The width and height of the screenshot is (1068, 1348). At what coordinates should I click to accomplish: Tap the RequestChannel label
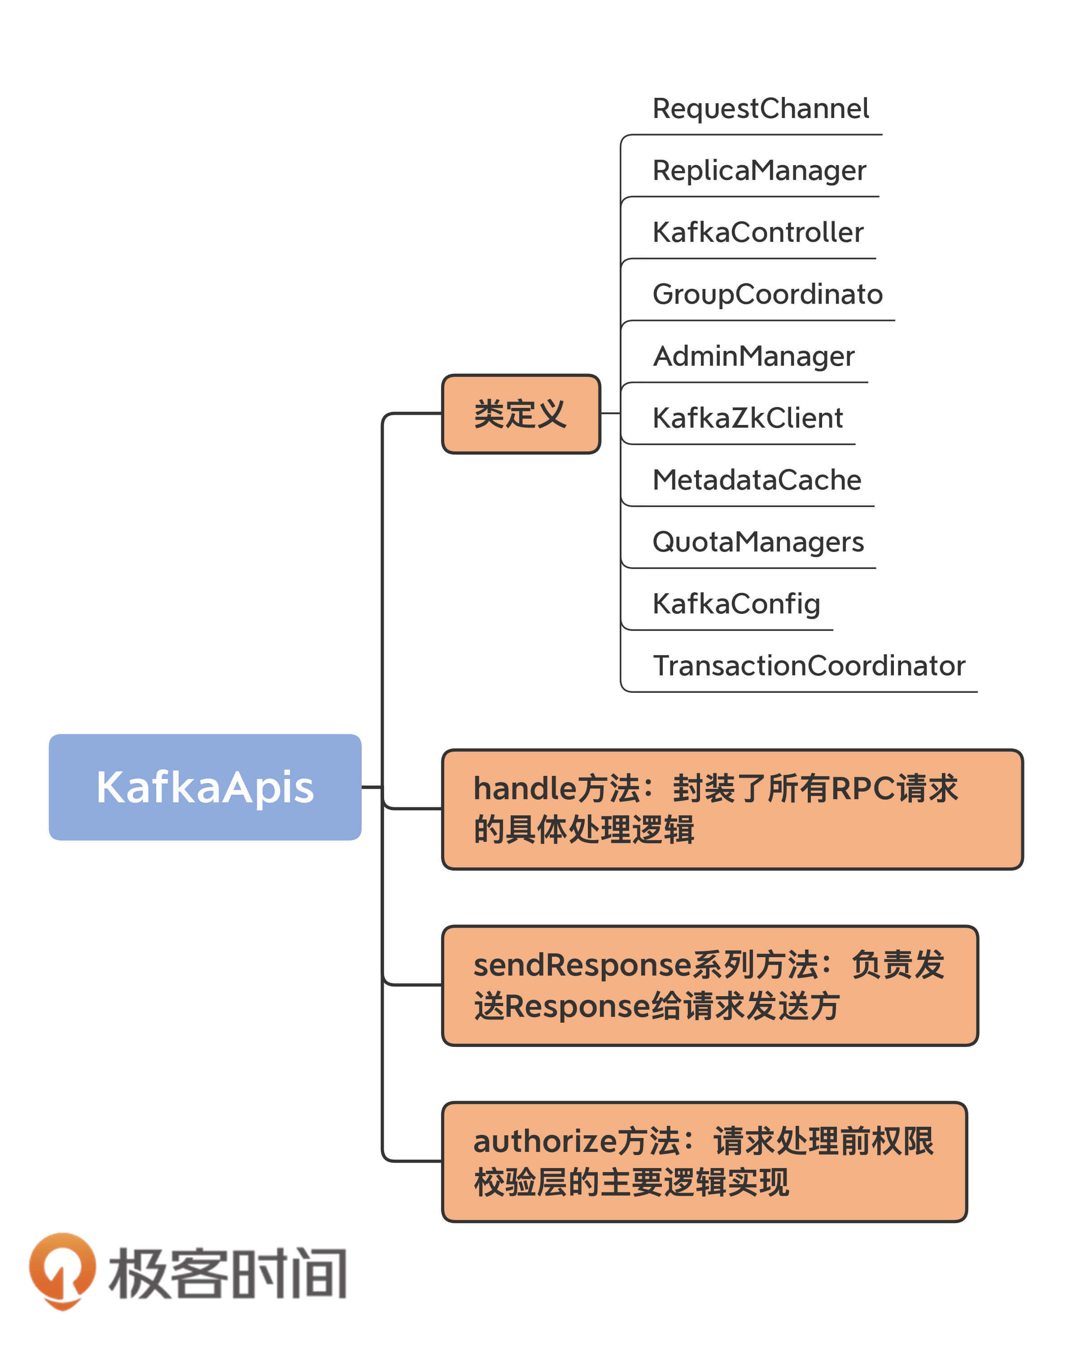pyautogui.click(x=760, y=109)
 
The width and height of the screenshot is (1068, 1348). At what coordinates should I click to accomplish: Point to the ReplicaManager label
pyautogui.click(x=759, y=171)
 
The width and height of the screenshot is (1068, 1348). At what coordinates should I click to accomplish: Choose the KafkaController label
pyautogui.click(x=758, y=232)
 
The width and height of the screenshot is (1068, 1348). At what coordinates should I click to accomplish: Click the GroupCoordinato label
pyautogui.click(x=767, y=294)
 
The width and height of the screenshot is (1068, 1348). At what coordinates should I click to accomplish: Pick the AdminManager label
pyautogui.click(x=753, y=356)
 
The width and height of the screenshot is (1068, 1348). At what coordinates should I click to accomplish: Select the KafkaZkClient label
pyautogui.click(x=748, y=418)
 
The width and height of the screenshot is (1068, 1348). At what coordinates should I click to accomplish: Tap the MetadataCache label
pyautogui.click(x=757, y=480)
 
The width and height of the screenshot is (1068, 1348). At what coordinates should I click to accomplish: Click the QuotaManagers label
pyautogui.click(x=758, y=542)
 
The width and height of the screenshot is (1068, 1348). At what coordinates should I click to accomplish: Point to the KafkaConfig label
pyautogui.click(x=736, y=604)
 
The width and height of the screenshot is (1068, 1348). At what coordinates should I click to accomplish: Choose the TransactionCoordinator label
pyautogui.click(x=809, y=666)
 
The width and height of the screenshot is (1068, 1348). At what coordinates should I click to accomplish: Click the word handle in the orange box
pyautogui.click(x=524, y=788)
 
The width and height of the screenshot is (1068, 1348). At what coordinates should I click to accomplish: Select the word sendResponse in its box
pyautogui.click(x=582, y=965)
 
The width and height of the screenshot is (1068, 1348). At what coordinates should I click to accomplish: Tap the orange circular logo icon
pyautogui.click(x=62, y=1269)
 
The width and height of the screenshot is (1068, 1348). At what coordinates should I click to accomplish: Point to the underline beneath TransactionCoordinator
pyautogui.click(x=801, y=692)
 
